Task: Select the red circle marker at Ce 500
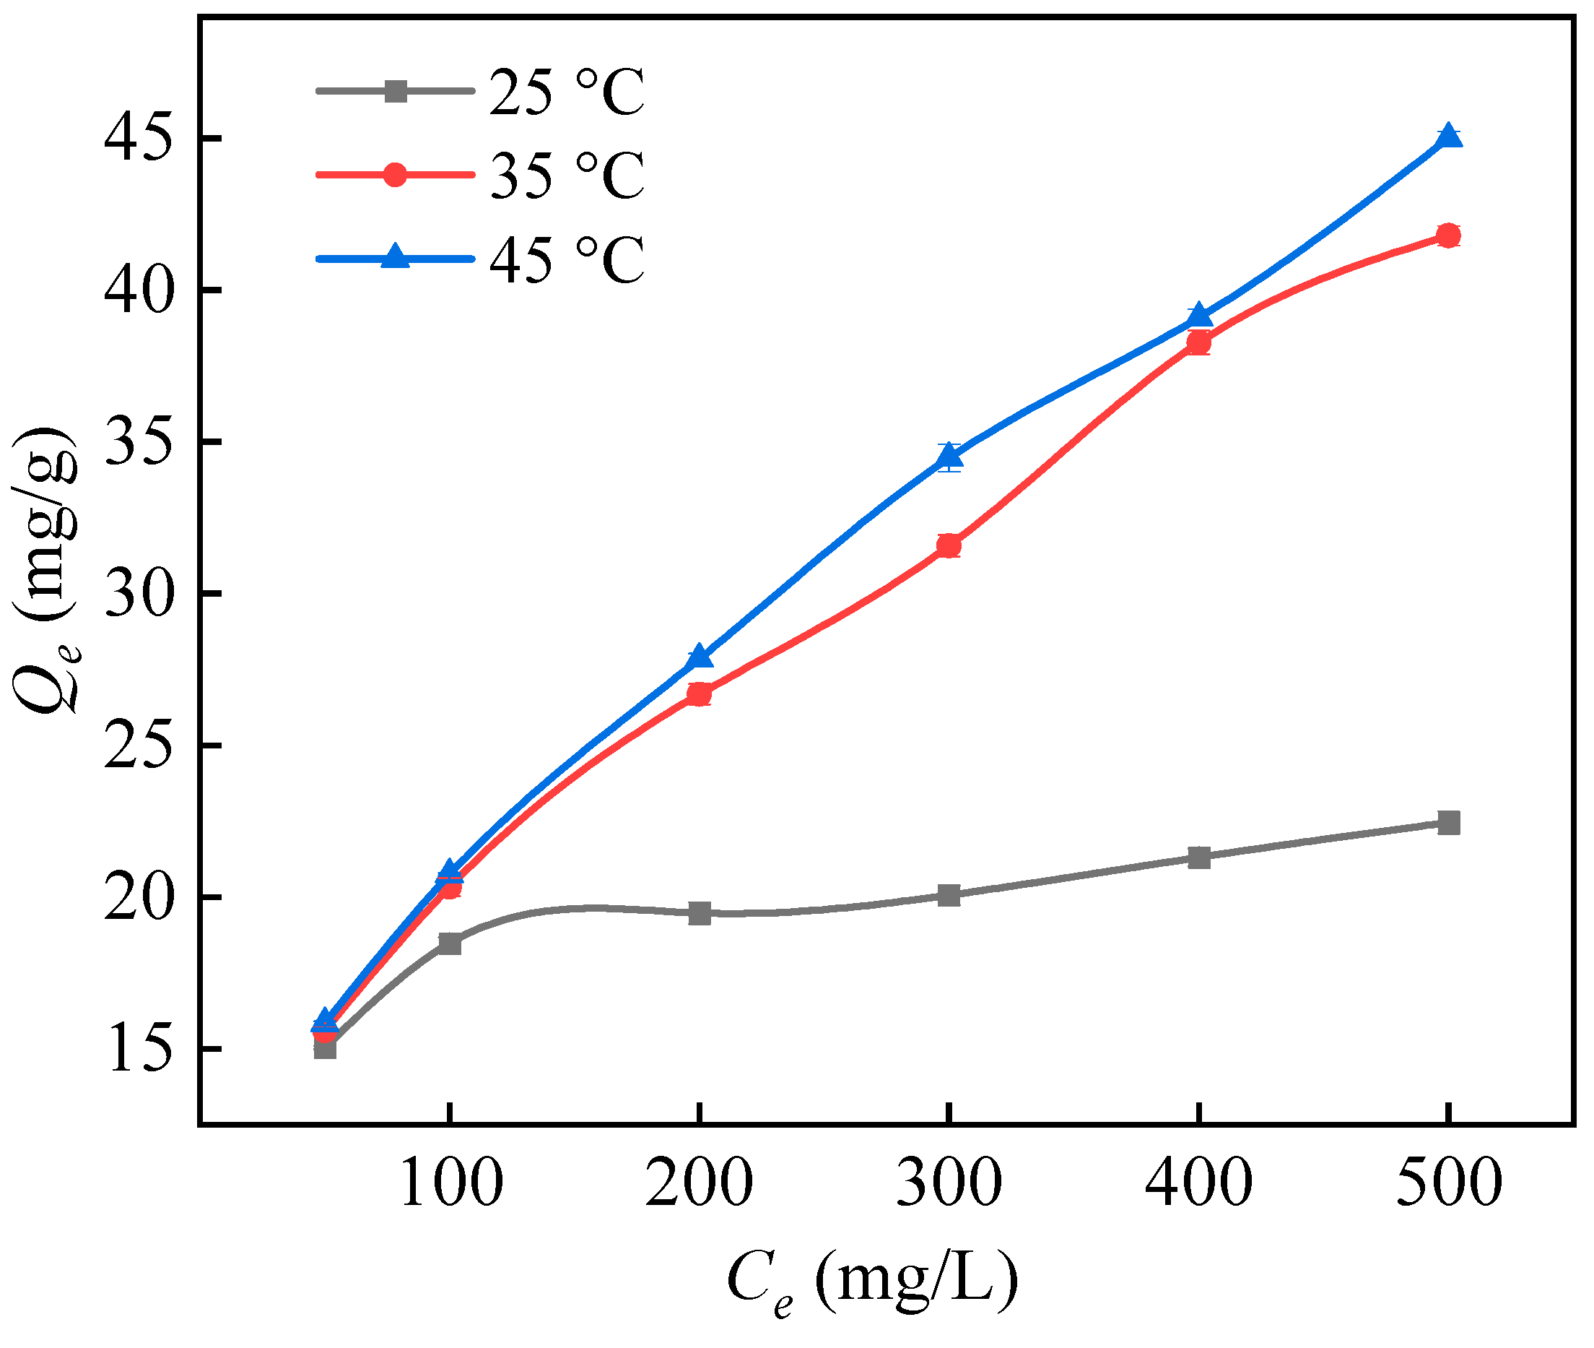point(1447,236)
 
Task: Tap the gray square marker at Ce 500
point(1447,824)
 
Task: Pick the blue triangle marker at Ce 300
point(949,457)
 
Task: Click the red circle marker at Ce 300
point(949,545)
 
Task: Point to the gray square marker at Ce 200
point(700,912)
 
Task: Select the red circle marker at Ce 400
point(1198,343)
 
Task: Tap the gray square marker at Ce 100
point(450,943)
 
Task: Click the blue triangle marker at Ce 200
point(700,657)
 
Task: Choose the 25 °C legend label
point(567,92)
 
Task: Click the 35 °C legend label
point(567,176)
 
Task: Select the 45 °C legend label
point(567,260)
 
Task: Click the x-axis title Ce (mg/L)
point(872,1281)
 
